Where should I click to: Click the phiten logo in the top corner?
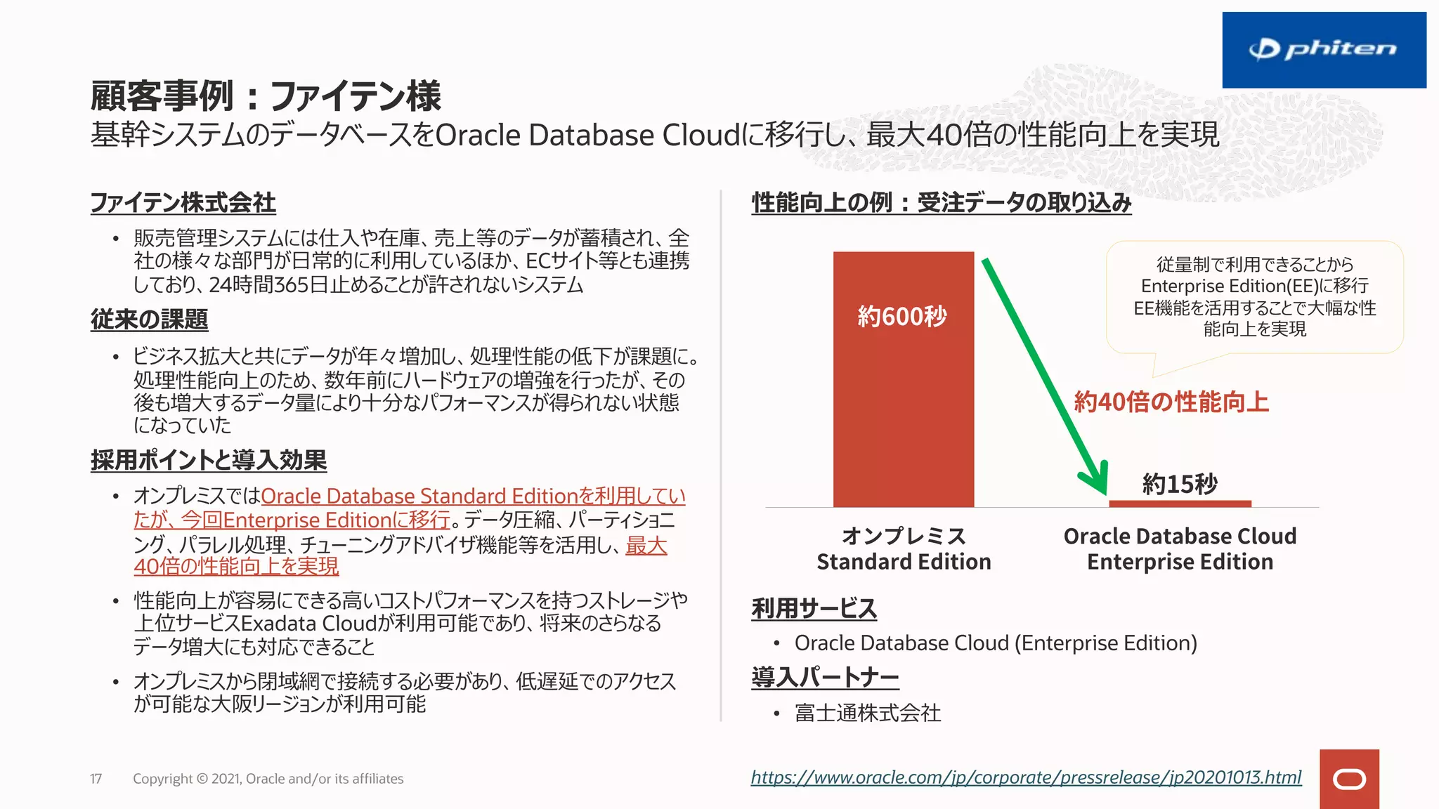pyautogui.click(x=1323, y=50)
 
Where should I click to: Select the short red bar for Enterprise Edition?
pyautogui.click(x=1180, y=503)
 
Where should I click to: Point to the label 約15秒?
pyautogui.click(x=1179, y=484)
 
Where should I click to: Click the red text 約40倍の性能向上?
pyautogui.click(x=1171, y=402)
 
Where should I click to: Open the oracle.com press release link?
pyautogui.click(x=1026, y=777)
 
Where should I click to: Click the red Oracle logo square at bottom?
pyautogui.click(x=1348, y=779)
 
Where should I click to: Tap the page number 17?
pyautogui.click(x=96, y=779)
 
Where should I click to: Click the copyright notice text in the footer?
pyautogui.click(x=268, y=779)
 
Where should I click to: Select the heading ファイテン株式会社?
pyautogui.click(x=183, y=203)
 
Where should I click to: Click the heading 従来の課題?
pyautogui.click(x=149, y=320)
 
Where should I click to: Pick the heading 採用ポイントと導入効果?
pyautogui.click(x=208, y=461)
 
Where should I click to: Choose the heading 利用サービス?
pyautogui.click(x=814, y=608)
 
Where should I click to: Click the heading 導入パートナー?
pyautogui.click(x=825, y=678)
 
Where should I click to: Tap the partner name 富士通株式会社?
pyautogui.click(x=867, y=713)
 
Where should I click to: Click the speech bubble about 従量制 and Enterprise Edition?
pyautogui.click(x=1254, y=297)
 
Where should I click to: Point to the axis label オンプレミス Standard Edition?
pyautogui.click(x=904, y=548)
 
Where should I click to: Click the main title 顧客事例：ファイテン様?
pyautogui.click(x=266, y=96)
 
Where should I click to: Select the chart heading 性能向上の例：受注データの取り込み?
pyautogui.click(x=941, y=203)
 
